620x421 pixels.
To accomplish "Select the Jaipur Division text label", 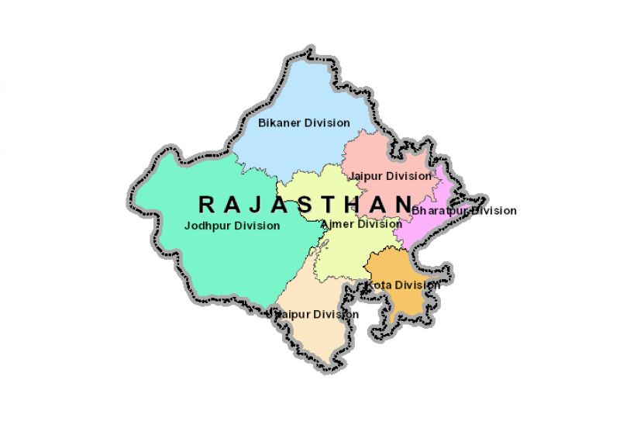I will click(x=391, y=176).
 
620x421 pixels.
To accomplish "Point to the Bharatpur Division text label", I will click(x=463, y=210).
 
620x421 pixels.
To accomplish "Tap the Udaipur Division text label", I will click(x=313, y=314).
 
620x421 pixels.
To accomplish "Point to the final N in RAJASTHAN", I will click(x=403, y=205).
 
